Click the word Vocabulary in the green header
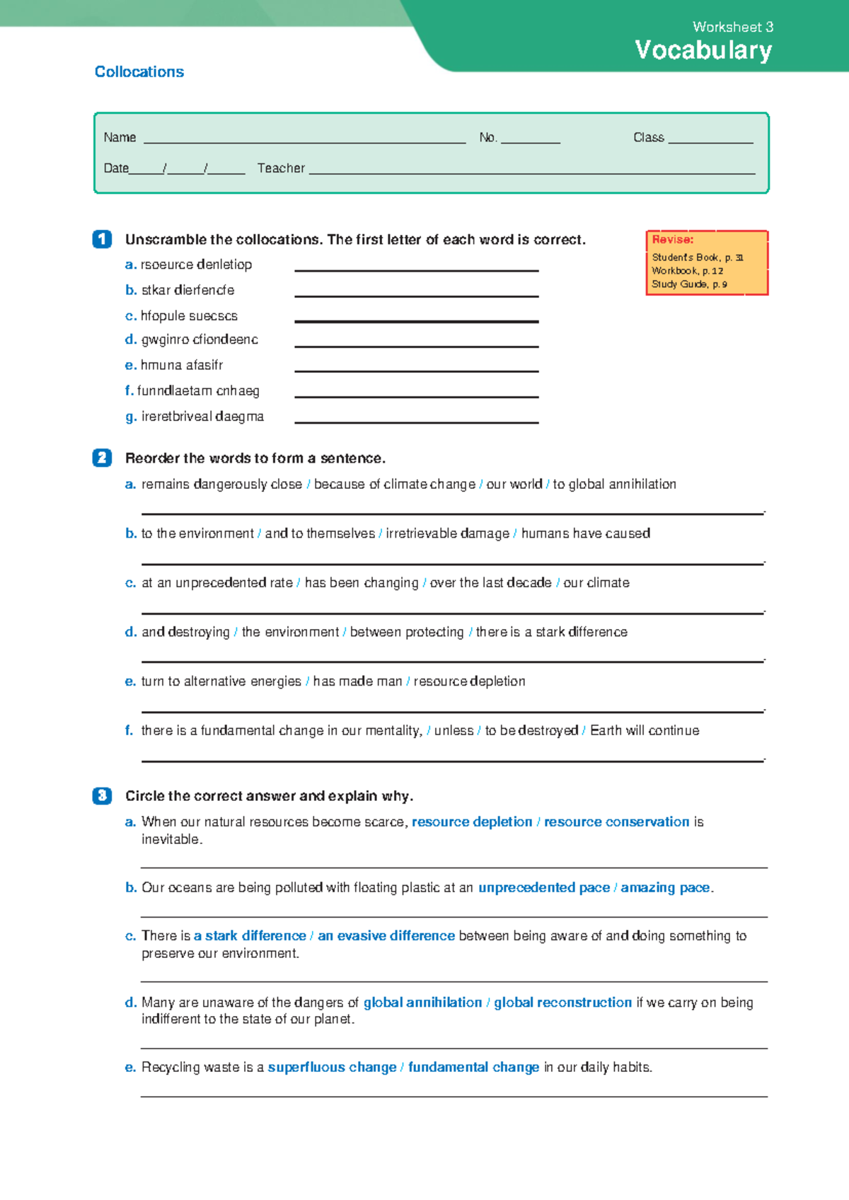[x=703, y=50]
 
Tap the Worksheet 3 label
[x=732, y=27]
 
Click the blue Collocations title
[x=139, y=72]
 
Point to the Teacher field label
[x=281, y=168]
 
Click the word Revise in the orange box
[x=672, y=240]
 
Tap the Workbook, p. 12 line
[x=687, y=271]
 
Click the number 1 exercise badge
[x=102, y=239]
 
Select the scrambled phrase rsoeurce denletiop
[x=196, y=265]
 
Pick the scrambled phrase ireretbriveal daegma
[x=202, y=417]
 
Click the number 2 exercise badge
[x=102, y=458]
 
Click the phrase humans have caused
[x=585, y=533]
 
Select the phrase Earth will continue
[x=645, y=730]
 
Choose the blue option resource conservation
[x=616, y=822]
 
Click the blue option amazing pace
[x=665, y=888]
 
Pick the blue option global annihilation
[x=422, y=1003]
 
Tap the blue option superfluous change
[x=332, y=1068]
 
